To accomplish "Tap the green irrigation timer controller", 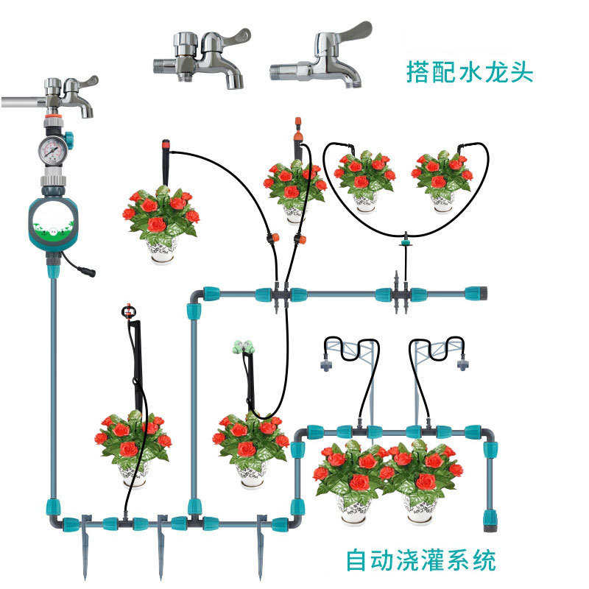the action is (x=52, y=225).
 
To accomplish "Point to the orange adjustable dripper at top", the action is (x=299, y=125).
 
